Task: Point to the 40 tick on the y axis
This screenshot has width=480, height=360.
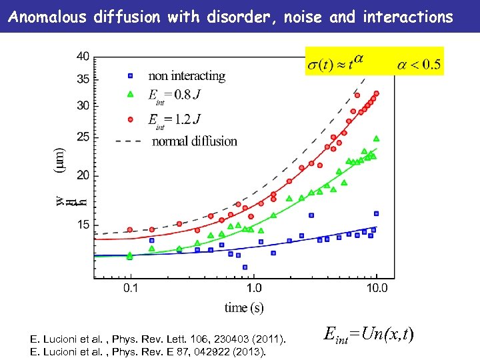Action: [x=83, y=57]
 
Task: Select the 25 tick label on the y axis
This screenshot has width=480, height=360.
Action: [x=83, y=137]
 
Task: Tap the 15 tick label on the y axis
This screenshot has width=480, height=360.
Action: [x=83, y=225]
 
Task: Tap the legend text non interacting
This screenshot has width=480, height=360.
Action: [x=187, y=76]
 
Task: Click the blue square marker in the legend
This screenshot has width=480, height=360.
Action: [x=131, y=75]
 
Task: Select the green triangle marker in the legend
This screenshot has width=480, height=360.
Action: [x=131, y=94]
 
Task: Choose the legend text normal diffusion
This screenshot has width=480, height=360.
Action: [x=195, y=141]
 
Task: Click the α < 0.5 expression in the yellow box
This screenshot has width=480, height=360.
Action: [x=419, y=65]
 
